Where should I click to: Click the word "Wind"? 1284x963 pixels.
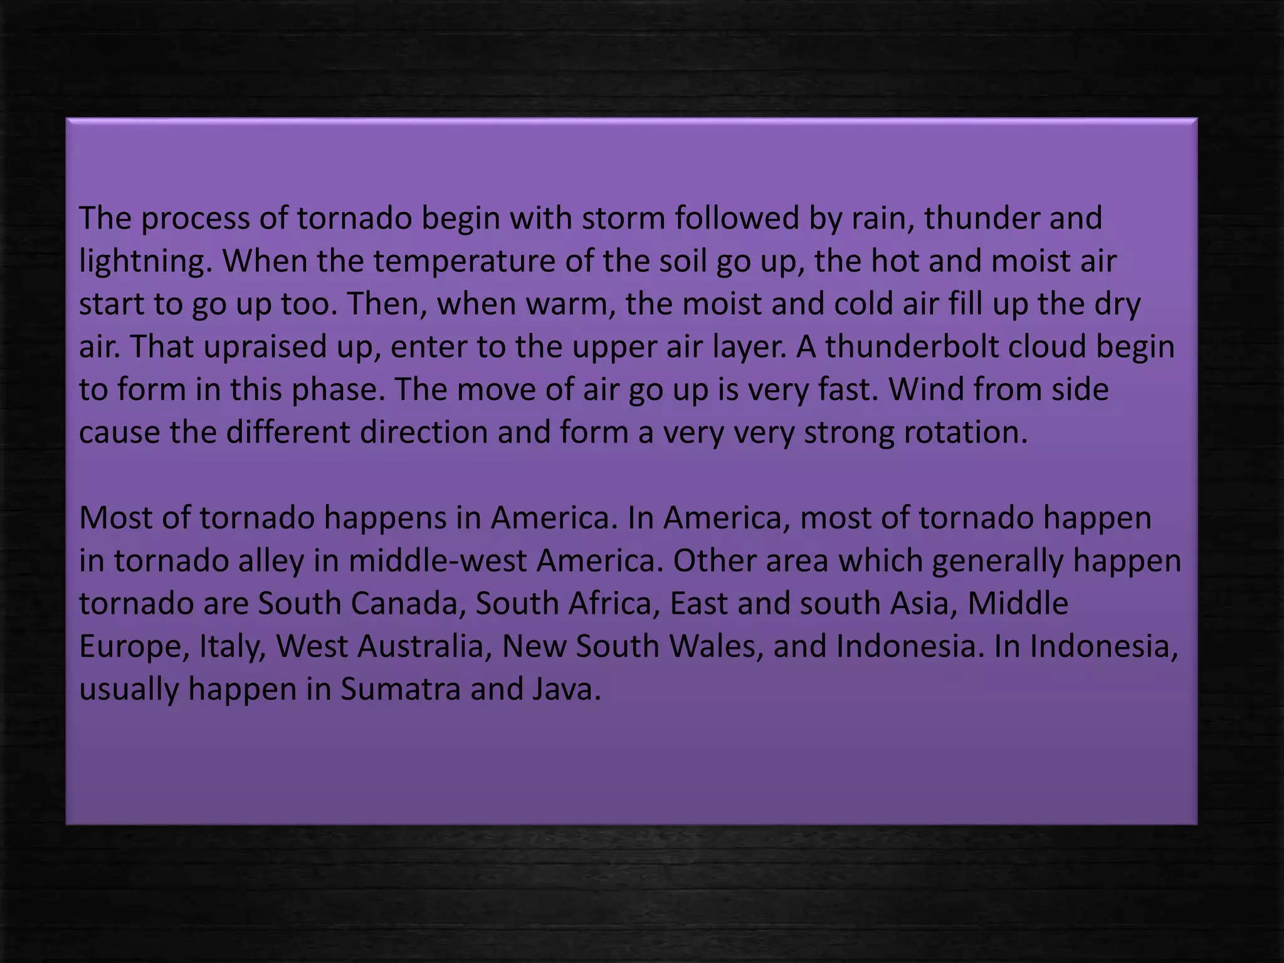click(x=920, y=389)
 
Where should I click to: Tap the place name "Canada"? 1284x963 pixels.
click(x=408, y=603)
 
